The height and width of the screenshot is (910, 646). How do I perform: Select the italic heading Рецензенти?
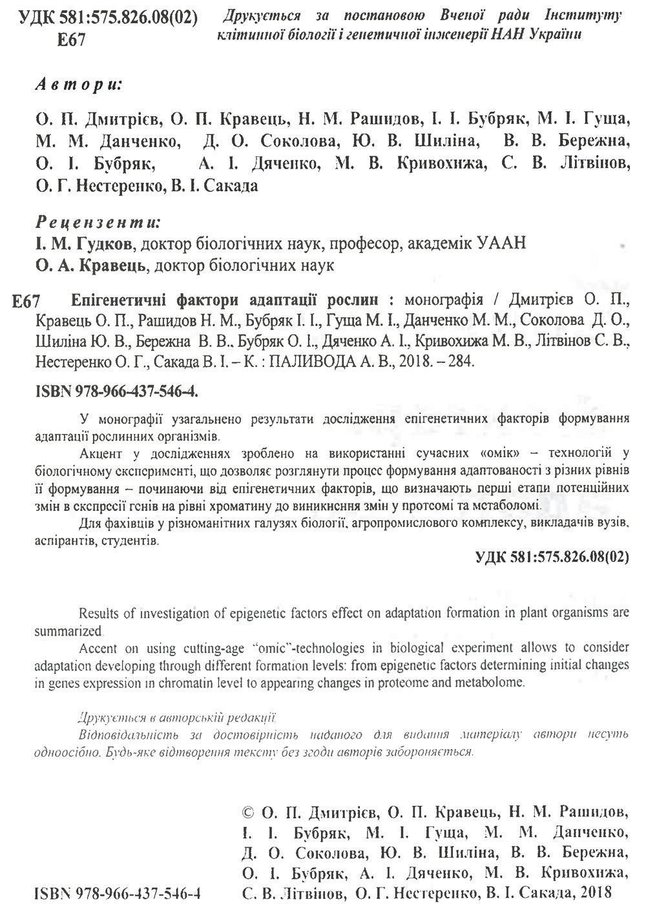click(97, 223)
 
